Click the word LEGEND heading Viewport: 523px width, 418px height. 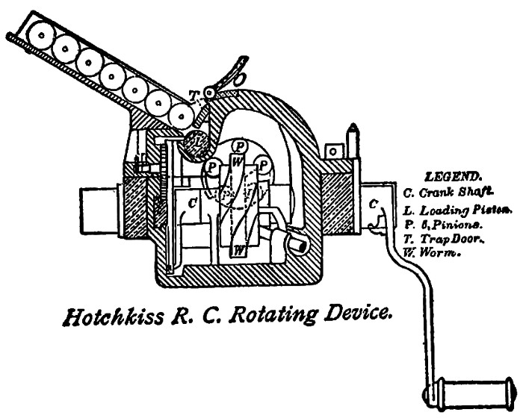click(452, 178)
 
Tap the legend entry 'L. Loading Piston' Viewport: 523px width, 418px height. click(456, 209)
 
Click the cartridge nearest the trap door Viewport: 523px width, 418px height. click(180, 114)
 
